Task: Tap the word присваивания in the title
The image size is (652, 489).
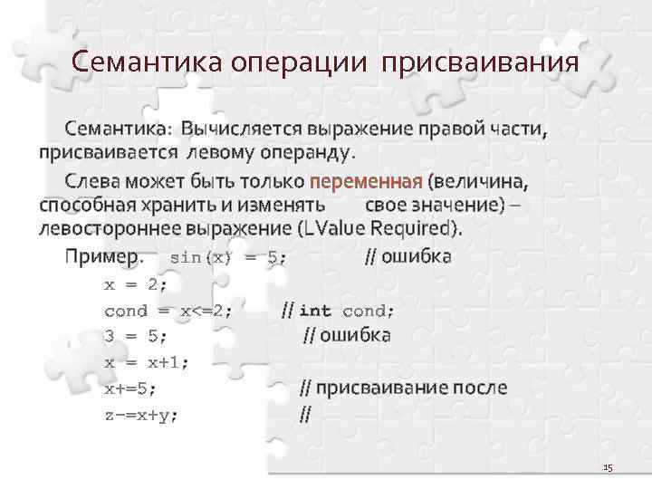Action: coord(479,63)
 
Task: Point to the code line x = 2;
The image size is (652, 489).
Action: coord(136,283)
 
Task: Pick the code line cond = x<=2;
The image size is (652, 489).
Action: coord(168,310)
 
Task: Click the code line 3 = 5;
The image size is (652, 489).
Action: coord(136,336)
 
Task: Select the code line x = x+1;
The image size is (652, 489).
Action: coord(147,362)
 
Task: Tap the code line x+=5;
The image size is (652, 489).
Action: coord(130,388)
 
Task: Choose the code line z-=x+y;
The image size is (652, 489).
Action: coord(141,415)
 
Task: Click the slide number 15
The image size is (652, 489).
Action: coord(608,467)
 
